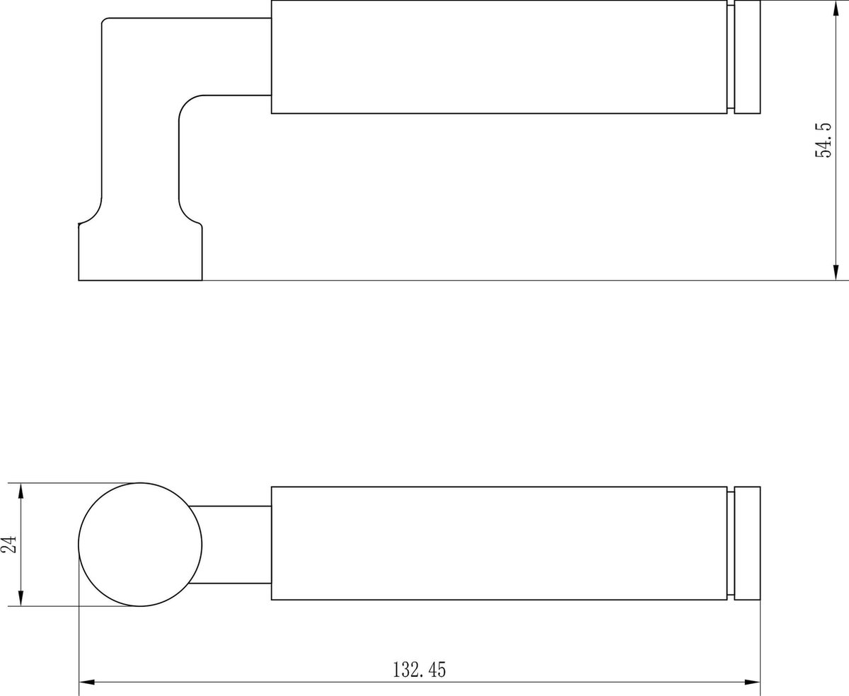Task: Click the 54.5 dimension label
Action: pos(823,140)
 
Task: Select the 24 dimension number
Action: pos(9,544)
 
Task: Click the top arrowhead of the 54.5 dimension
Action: pos(836,8)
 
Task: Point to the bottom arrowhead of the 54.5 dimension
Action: pos(836,272)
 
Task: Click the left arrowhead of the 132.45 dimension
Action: pos(87,683)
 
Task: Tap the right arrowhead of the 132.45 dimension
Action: pos(752,683)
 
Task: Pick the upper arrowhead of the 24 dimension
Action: pos(21,491)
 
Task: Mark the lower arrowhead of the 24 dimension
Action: pos(21,598)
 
